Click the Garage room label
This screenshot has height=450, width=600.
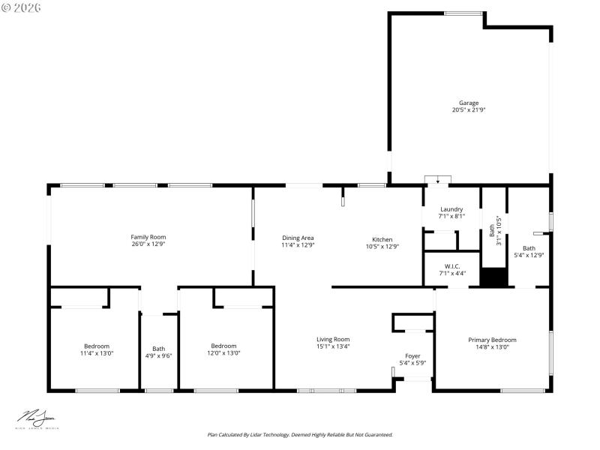click(469, 103)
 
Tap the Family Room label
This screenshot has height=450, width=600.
click(148, 237)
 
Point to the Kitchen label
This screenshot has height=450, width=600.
click(382, 239)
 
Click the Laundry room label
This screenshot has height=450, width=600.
click(451, 209)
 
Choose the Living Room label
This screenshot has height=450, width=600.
click(333, 339)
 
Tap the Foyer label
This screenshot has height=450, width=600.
click(413, 355)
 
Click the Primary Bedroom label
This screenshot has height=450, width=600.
click(492, 340)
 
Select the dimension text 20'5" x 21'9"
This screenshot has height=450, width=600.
click(469, 110)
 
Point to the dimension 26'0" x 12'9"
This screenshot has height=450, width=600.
click(148, 244)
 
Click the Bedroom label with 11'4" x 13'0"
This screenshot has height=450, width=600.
click(97, 346)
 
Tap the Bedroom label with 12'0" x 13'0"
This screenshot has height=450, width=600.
click(223, 346)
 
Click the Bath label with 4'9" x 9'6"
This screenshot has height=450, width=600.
click(159, 348)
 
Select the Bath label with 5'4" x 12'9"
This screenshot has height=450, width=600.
click(529, 248)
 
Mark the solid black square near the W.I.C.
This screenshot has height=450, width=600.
click(494, 277)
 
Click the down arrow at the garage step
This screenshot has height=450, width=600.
click(438, 180)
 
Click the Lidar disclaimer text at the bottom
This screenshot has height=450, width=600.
click(300, 434)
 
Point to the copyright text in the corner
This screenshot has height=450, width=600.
click(22, 7)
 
